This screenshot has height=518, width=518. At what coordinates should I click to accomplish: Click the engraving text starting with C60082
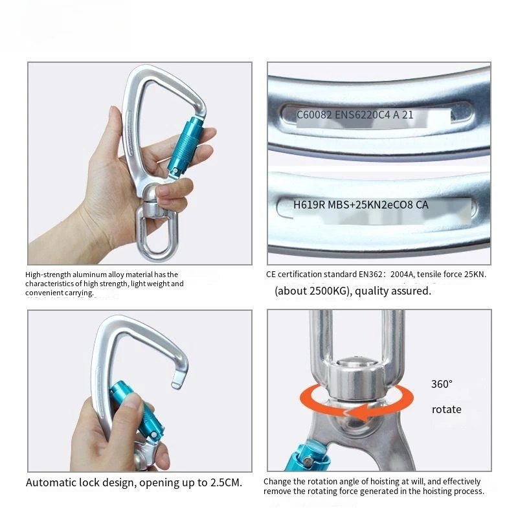[355, 115]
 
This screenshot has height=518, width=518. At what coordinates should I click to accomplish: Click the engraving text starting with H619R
[361, 205]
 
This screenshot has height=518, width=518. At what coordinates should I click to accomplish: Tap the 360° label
[442, 384]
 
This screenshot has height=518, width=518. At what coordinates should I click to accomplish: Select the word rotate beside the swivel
[447, 410]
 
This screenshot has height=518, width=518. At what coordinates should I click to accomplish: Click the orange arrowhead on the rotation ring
[359, 413]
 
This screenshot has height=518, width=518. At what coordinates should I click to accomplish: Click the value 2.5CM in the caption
[225, 482]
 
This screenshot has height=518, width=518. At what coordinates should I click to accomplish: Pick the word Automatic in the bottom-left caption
[51, 482]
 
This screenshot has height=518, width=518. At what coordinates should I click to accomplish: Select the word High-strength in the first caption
[48, 275]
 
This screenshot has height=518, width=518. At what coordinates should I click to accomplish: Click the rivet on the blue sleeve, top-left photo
[175, 170]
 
